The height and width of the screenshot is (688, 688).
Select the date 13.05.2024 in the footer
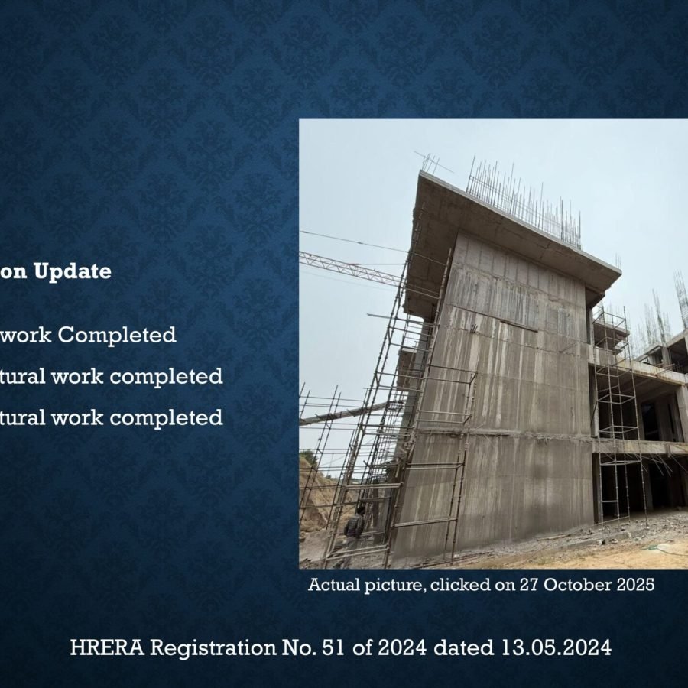point(557,648)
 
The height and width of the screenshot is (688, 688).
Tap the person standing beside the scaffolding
point(354,527)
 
